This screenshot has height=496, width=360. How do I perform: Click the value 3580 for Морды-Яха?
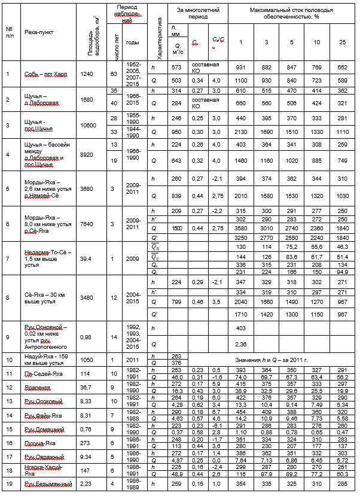240,228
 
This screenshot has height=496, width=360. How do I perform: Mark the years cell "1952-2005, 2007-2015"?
133,74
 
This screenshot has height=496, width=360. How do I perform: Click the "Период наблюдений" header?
123,13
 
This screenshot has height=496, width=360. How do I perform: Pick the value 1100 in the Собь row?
240,80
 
